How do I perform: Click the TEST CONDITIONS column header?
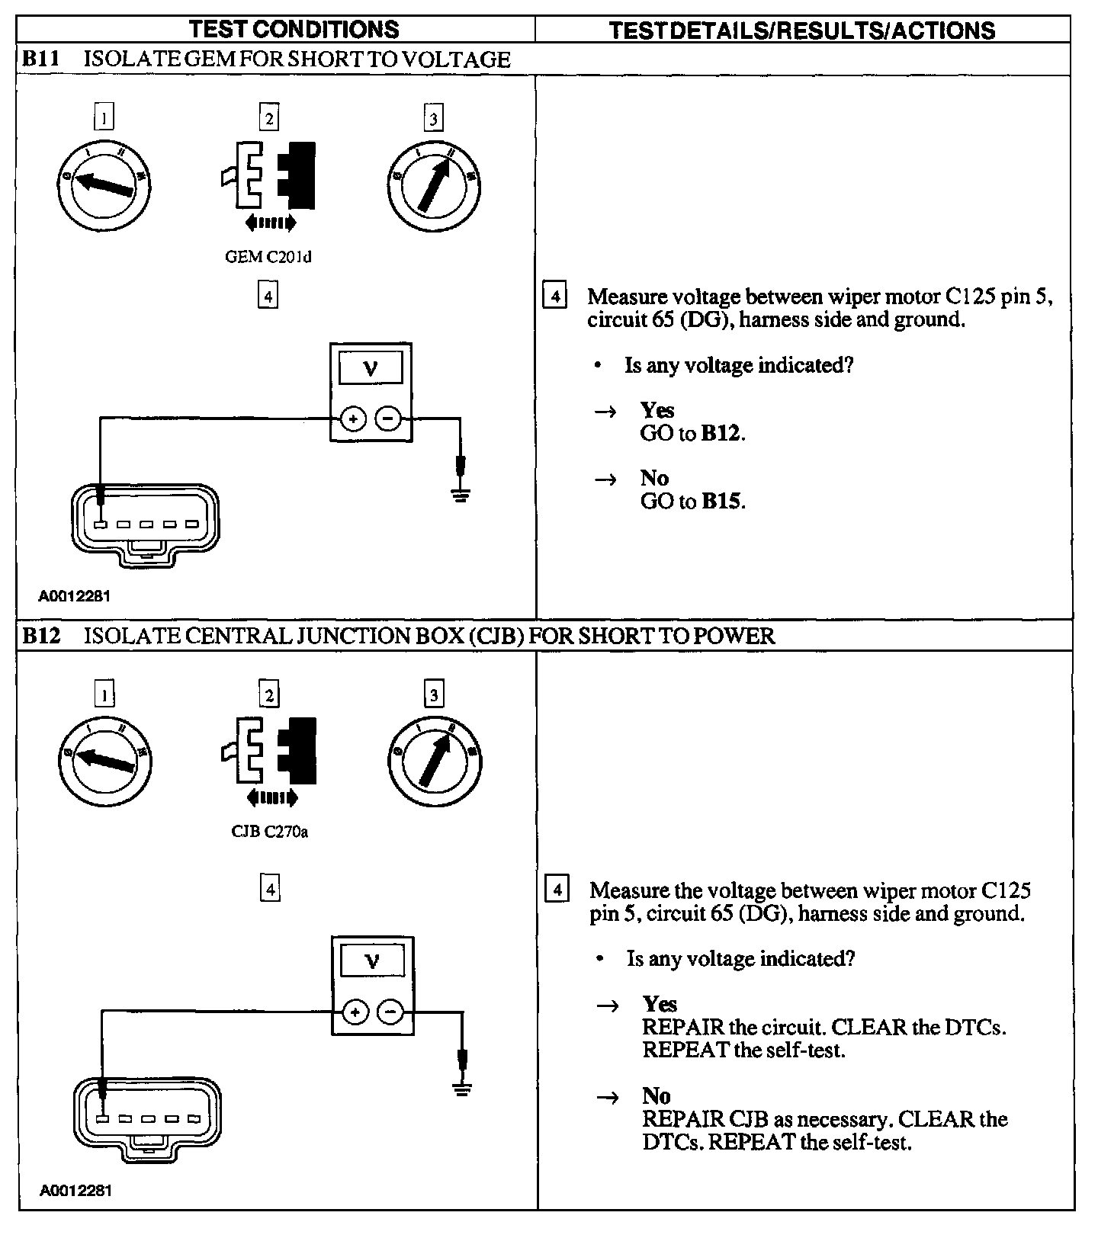pyautogui.click(x=294, y=29)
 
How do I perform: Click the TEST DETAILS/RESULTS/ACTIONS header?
pyautogui.click(x=802, y=30)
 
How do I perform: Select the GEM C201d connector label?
pyautogui.click(x=268, y=257)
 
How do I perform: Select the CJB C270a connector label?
pyautogui.click(x=269, y=832)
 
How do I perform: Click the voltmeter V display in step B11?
pyautogui.click(x=371, y=370)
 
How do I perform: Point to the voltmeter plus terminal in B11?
pyautogui.click(x=353, y=419)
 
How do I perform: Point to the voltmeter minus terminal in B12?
pyautogui.click(x=390, y=1012)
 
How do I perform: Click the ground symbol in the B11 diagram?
pyautogui.click(x=461, y=496)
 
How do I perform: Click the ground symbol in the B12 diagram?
pyautogui.click(x=461, y=1088)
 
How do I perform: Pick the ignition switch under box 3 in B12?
pyautogui.click(x=434, y=759)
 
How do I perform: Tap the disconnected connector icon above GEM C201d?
pyautogui.click(x=268, y=175)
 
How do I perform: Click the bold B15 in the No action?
pyautogui.click(x=721, y=502)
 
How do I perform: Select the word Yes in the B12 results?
pyautogui.click(x=660, y=1003)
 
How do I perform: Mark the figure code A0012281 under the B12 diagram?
pyautogui.click(x=75, y=1190)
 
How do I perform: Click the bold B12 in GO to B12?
pyautogui.click(x=721, y=434)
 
